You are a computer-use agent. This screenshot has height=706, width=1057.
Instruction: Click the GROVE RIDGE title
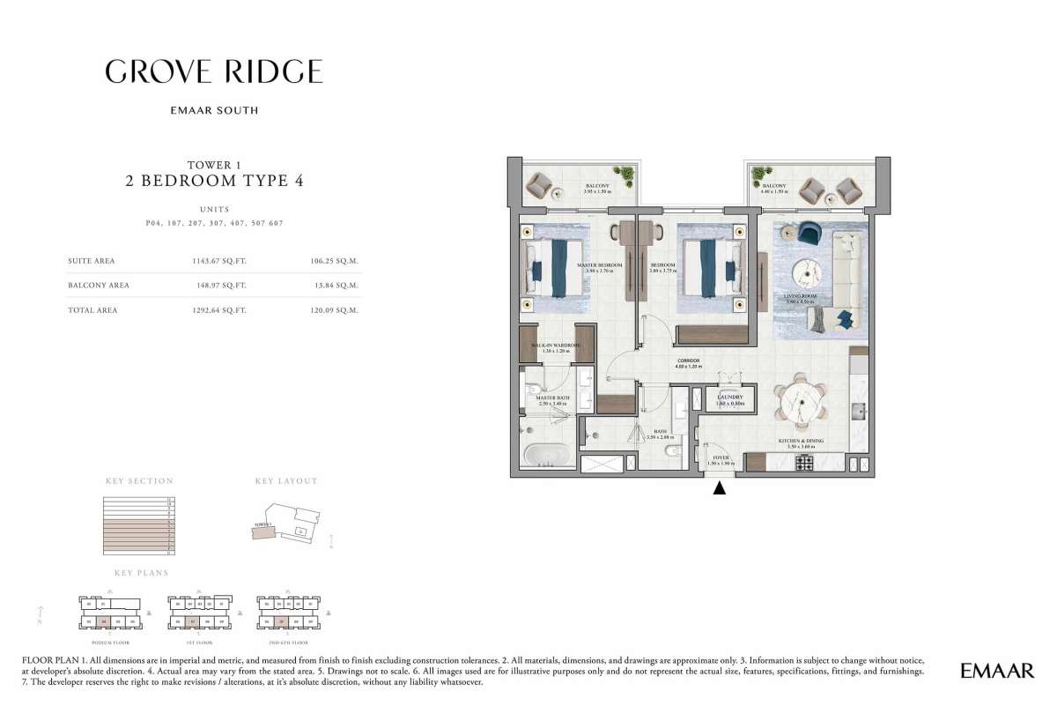pyautogui.click(x=214, y=71)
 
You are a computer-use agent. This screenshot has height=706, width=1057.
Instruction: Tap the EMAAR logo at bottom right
pyautogui.click(x=997, y=672)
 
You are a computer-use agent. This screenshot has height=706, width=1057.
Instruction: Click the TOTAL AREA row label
pyautogui.click(x=92, y=310)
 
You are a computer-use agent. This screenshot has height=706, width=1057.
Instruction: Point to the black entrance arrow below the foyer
pyautogui.click(x=720, y=488)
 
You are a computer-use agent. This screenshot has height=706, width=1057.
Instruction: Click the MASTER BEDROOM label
pyautogui.click(x=599, y=265)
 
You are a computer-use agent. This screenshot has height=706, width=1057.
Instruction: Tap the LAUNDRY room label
pyautogui.click(x=730, y=398)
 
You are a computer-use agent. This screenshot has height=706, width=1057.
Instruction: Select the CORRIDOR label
pyautogui.click(x=688, y=362)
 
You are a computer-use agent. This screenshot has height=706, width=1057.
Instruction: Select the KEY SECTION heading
pyautogui.click(x=139, y=481)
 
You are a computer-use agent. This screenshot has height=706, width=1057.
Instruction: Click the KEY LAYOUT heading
pyautogui.click(x=286, y=481)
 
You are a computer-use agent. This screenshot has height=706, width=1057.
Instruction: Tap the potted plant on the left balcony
pyautogui.click(x=626, y=175)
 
